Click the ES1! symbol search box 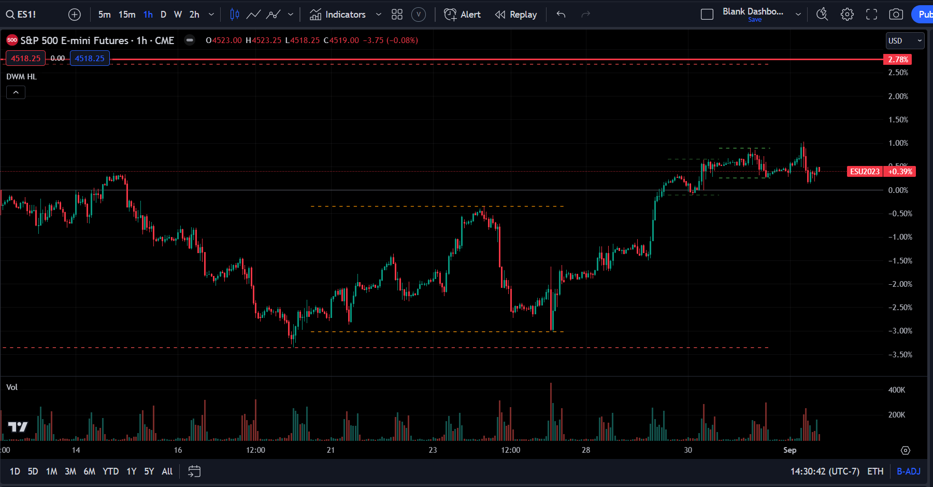[22, 15]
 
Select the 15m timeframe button [127, 15]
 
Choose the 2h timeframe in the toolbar [194, 15]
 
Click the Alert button [463, 15]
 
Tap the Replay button [516, 15]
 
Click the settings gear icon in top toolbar [847, 15]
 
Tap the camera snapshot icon [896, 15]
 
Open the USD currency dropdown [905, 40]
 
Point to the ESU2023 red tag [865, 172]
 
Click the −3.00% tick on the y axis [900, 331]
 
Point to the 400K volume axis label [897, 390]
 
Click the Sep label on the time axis [790, 450]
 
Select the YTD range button [110, 471]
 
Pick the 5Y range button [149, 471]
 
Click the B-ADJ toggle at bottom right [908, 471]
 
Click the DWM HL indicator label [21, 77]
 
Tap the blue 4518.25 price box [90, 59]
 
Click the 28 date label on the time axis [586, 450]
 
